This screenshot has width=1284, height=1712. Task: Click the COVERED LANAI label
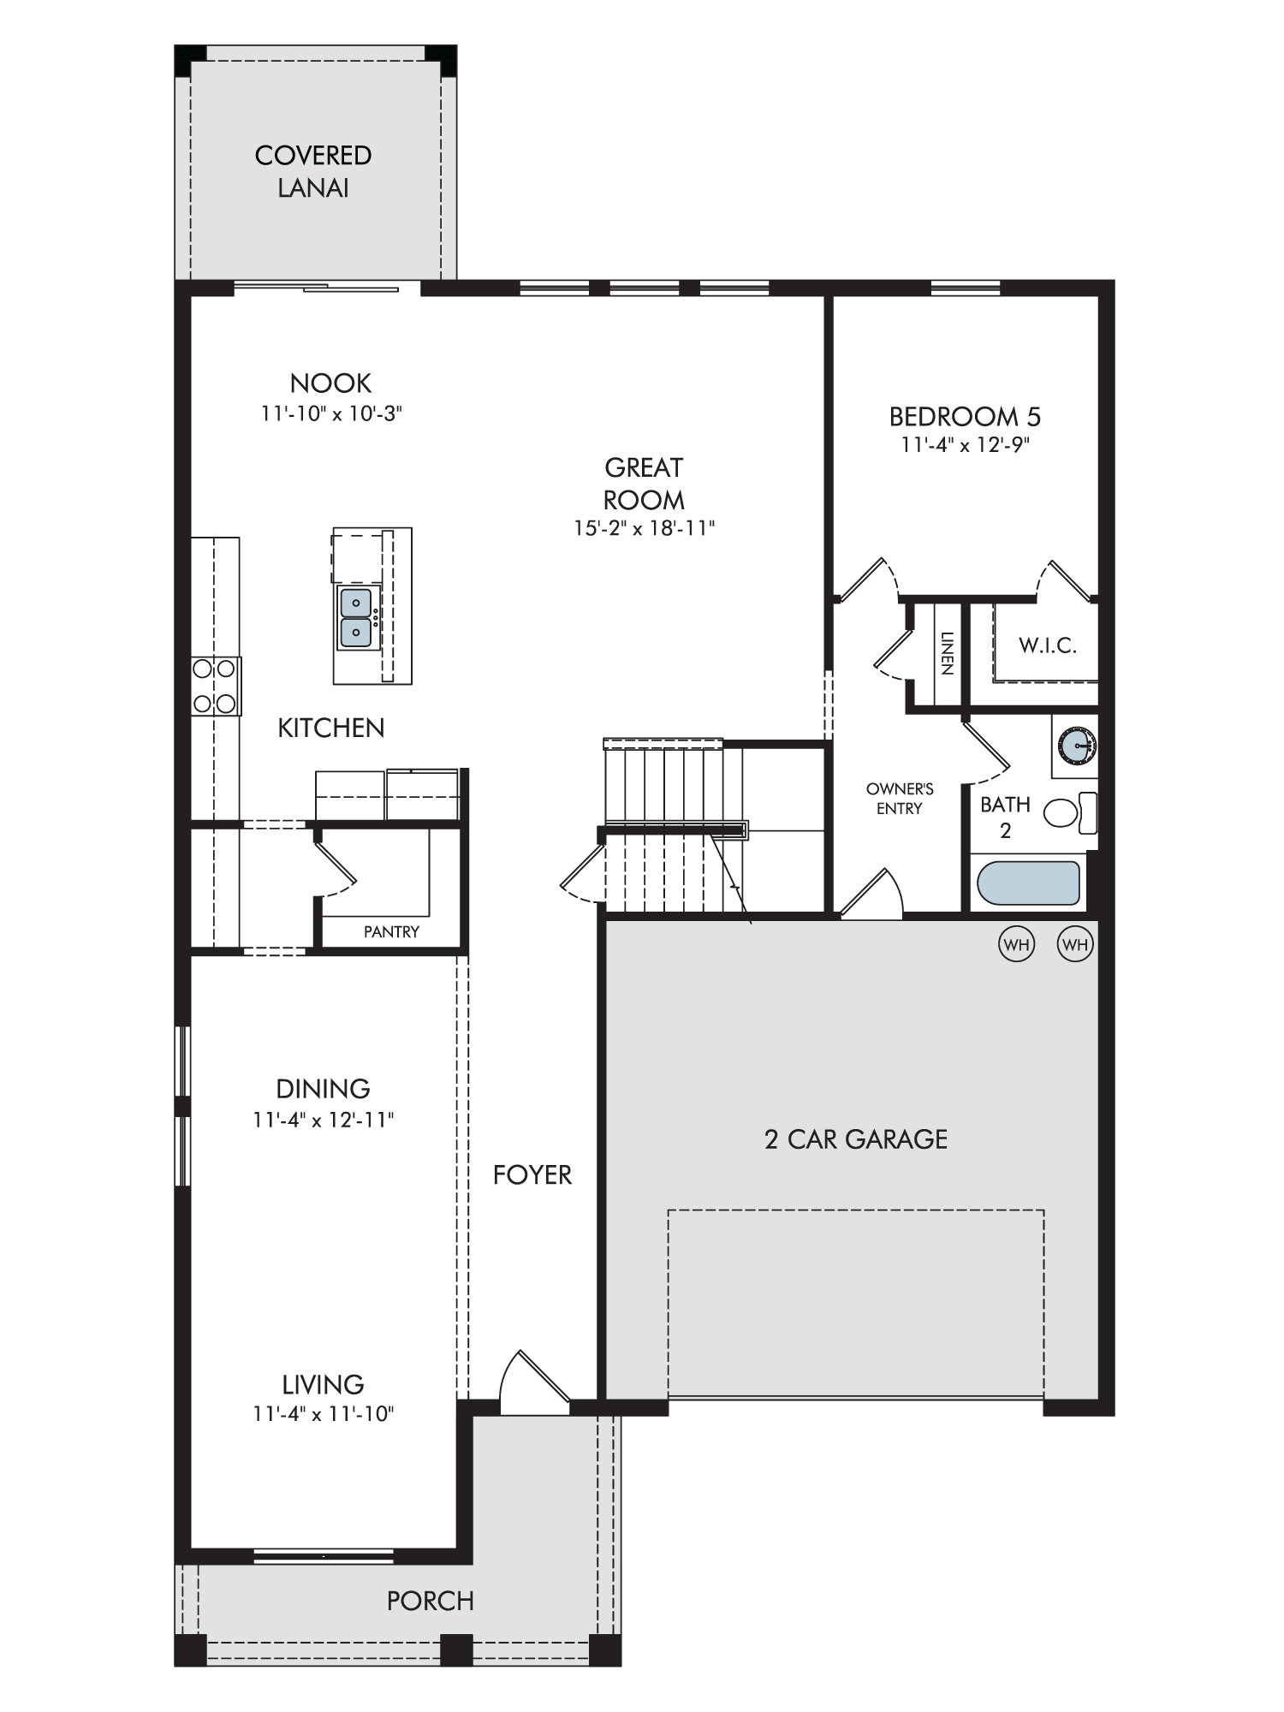click(313, 171)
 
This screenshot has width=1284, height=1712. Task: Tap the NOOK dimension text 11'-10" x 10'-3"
click(331, 413)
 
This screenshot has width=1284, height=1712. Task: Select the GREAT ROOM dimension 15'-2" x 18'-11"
click(644, 528)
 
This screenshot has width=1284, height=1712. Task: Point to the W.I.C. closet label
click(1047, 645)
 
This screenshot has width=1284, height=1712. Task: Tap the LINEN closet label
click(946, 653)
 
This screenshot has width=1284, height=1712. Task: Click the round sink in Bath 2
click(1076, 745)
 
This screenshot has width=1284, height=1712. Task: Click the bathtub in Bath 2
click(1028, 883)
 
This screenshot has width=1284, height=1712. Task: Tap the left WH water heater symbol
click(1016, 944)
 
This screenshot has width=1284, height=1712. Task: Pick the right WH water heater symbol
click(1075, 944)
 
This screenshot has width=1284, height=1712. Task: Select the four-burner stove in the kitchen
click(215, 686)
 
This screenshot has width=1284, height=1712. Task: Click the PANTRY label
click(391, 931)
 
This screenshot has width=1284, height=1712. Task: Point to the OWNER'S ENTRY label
click(899, 799)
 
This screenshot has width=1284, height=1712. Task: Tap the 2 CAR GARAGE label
click(856, 1139)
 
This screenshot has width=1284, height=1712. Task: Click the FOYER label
click(532, 1175)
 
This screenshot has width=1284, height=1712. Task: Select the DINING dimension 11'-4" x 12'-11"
click(324, 1120)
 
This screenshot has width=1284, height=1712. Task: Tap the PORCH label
click(431, 1601)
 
